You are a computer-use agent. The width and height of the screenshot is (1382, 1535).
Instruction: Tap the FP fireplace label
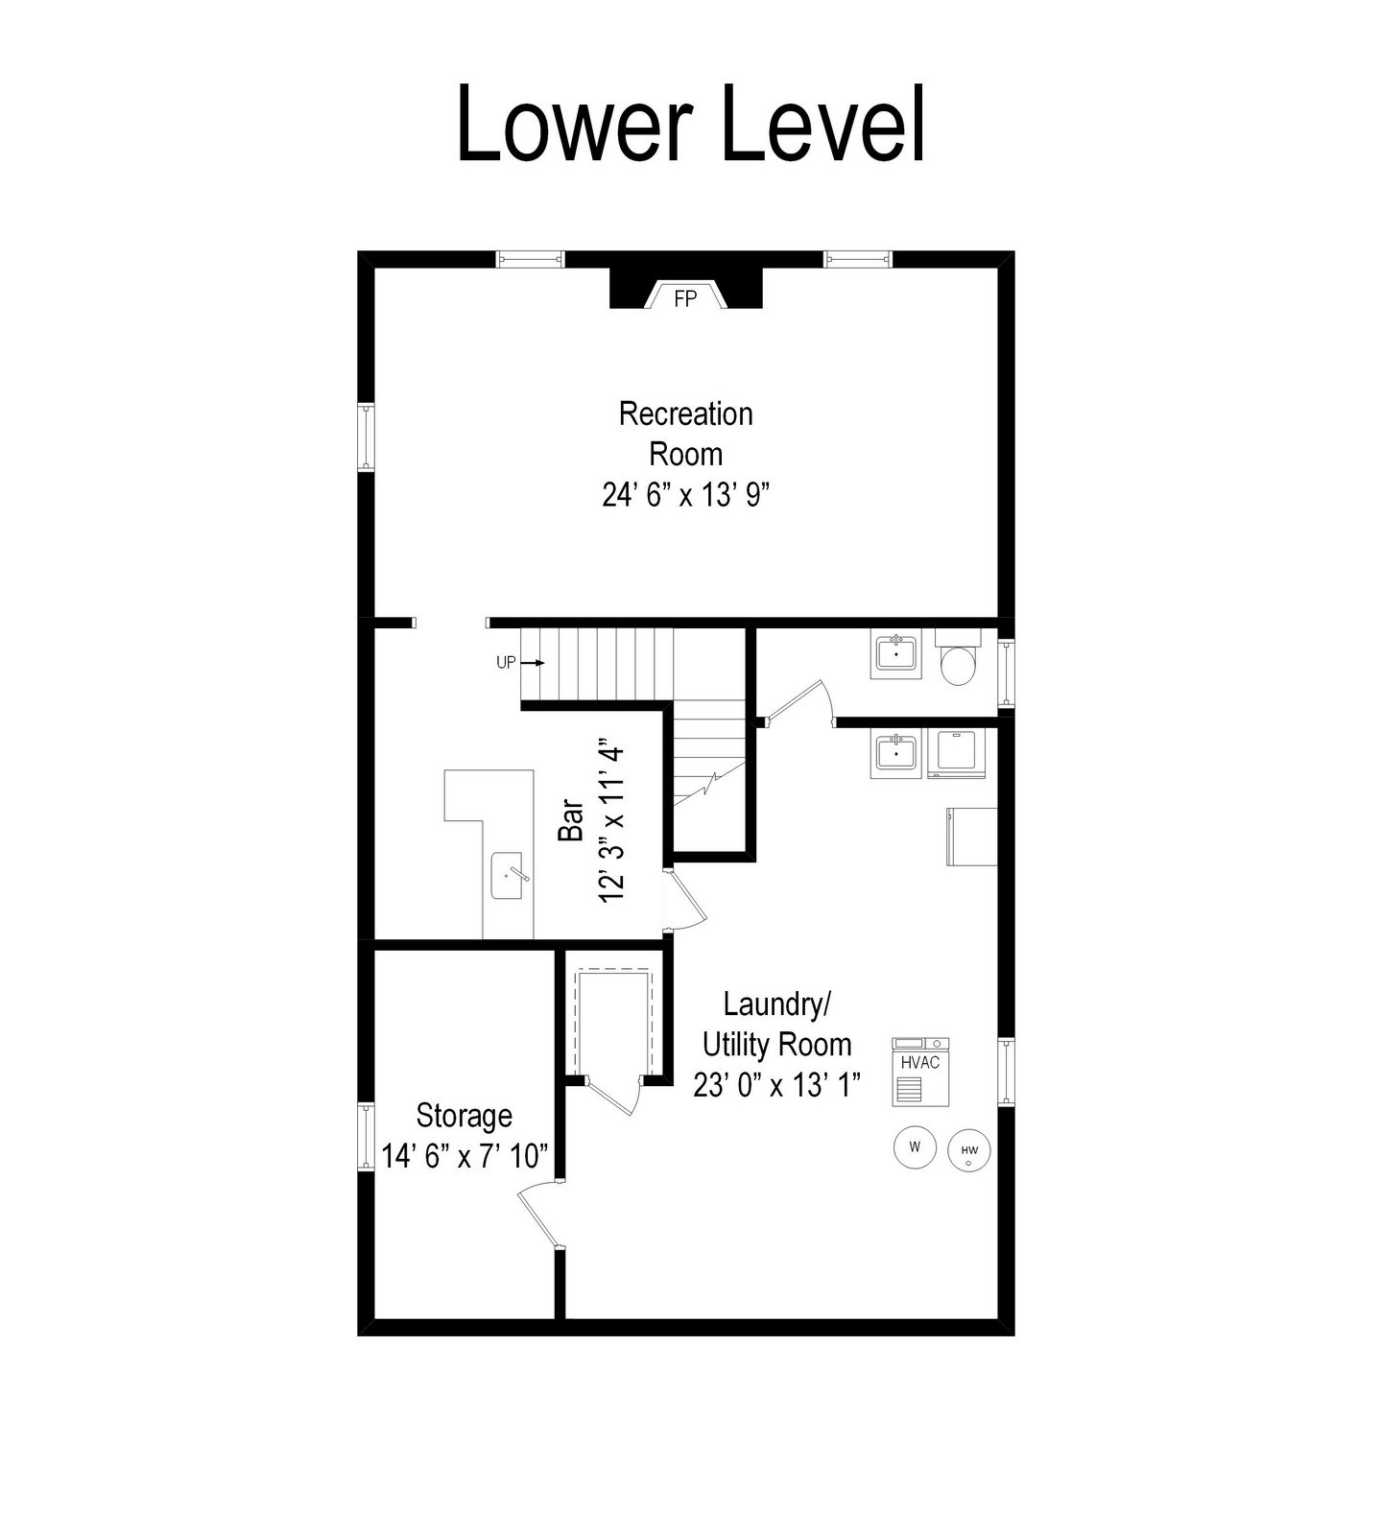pos(685,299)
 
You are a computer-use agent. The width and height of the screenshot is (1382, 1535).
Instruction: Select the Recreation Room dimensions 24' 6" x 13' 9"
pos(686,495)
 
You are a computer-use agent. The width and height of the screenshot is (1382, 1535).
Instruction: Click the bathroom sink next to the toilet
pos(896,655)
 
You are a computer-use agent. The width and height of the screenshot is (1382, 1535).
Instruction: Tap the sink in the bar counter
pos(508,875)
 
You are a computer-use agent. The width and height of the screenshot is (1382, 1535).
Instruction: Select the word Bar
pos(571,820)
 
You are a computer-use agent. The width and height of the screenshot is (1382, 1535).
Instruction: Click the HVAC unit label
pos(920,1063)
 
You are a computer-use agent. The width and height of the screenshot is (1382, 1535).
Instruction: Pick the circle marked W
pos(915,1146)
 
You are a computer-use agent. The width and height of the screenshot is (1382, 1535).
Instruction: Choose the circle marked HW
pos(969,1150)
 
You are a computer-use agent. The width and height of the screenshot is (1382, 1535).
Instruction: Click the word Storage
pos(465,1116)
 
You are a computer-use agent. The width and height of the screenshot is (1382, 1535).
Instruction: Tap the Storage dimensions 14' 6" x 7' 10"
pos(465,1156)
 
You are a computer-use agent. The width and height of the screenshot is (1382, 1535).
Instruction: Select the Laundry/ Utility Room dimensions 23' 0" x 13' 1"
pos(777,1084)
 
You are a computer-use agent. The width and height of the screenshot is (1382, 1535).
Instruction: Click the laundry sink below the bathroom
pos(896,753)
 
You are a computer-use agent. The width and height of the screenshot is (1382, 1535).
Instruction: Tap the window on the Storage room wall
pos(366,1137)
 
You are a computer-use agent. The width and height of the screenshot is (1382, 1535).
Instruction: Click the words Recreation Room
pos(686,434)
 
